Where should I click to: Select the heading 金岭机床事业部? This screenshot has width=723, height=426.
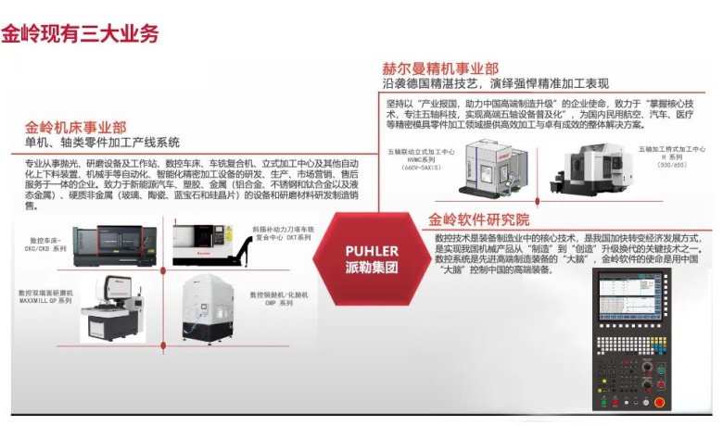(x=76, y=126)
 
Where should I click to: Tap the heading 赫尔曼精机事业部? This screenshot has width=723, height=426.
(x=441, y=69)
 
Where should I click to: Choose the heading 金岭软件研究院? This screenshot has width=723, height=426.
(x=478, y=221)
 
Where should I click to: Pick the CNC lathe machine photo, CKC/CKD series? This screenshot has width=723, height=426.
(x=116, y=242)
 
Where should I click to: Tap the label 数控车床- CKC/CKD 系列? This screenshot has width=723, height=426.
(x=44, y=244)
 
